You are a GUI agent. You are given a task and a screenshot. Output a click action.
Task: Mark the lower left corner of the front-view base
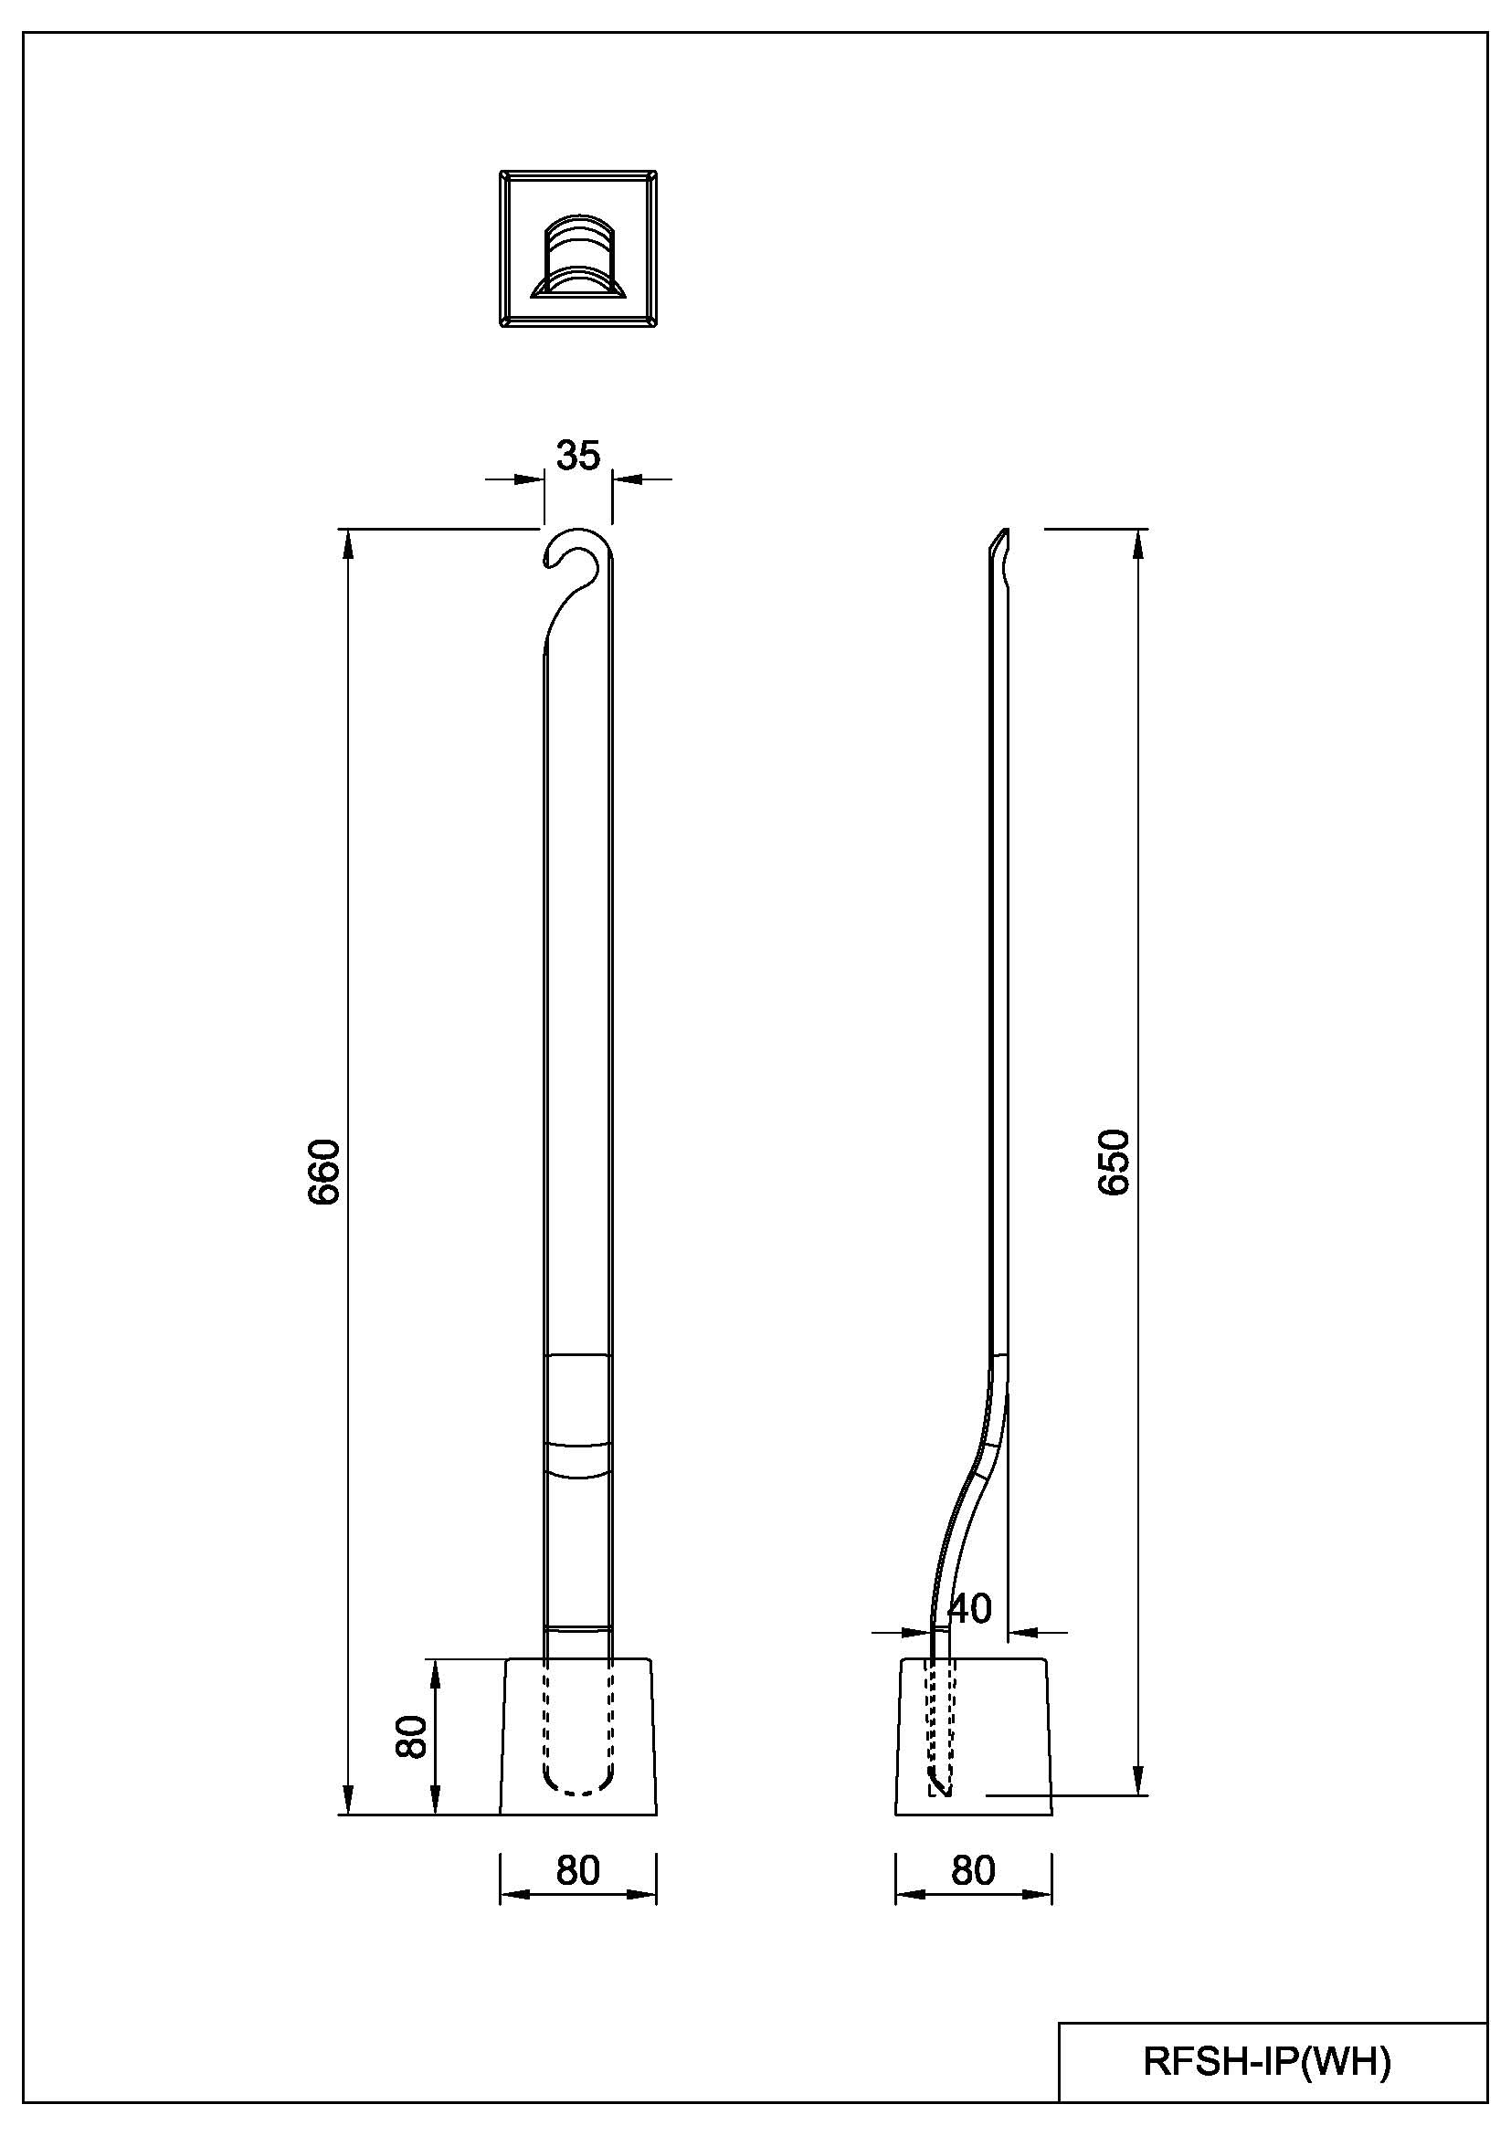(x=501, y=1815)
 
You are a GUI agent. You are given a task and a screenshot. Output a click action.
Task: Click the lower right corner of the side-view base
(x=1052, y=1815)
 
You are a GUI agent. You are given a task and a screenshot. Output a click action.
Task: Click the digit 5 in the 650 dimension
(x=1114, y=1163)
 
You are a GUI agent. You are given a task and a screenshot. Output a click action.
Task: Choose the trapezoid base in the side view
(x=973, y=1737)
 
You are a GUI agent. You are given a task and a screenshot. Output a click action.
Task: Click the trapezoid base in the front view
(x=577, y=1737)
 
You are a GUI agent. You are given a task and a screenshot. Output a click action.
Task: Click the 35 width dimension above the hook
(x=577, y=456)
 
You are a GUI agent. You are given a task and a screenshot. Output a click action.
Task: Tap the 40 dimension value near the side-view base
(x=969, y=1608)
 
